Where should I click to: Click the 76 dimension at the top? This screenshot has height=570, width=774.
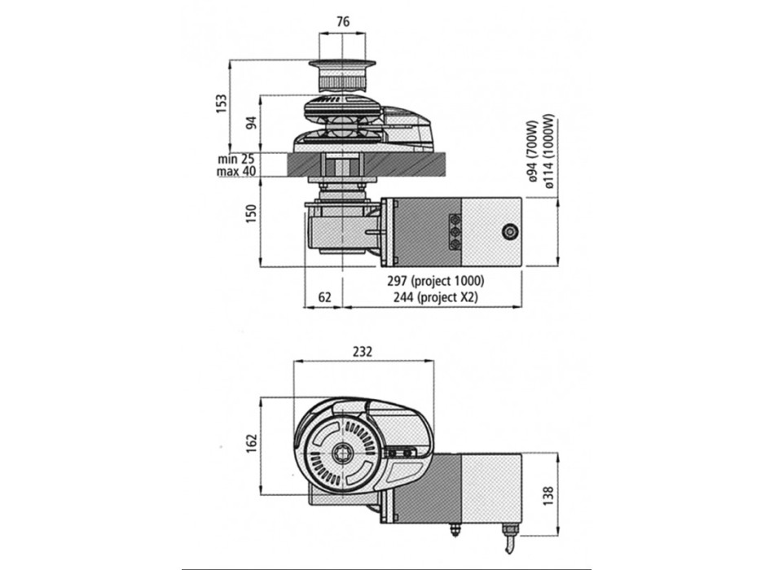click(343, 23)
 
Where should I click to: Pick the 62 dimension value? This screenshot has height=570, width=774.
click(323, 298)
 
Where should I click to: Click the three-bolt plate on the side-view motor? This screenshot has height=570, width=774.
click(454, 231)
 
